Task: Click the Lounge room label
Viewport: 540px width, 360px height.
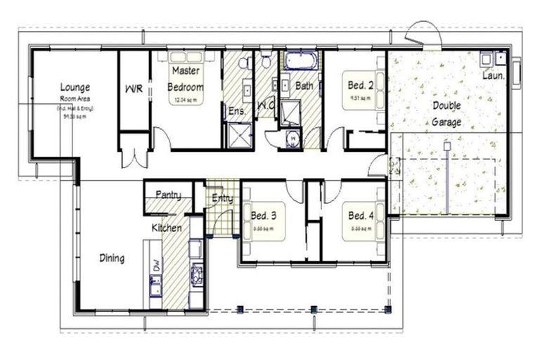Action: (x=75, y=87)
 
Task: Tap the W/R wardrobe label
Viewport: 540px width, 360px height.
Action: (x=134, y=89)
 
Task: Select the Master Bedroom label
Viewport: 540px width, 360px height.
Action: (x=186, y=79)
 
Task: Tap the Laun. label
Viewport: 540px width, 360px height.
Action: (x=494, y=75)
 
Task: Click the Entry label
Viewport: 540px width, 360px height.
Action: (x=222, y=199)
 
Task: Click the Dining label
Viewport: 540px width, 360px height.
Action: (x=111, y=258)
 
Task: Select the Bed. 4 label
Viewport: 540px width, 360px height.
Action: (x=361, y=215)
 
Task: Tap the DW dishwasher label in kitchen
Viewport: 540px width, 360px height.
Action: (x=155, y=264)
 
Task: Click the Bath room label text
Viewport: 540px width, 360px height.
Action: (x=304, y=86)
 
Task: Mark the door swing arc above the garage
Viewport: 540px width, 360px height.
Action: (x=425, y=32)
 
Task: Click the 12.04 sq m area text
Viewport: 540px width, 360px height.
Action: (x=186, y=101)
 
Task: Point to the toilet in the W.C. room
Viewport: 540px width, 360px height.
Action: (x=265, y=60)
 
